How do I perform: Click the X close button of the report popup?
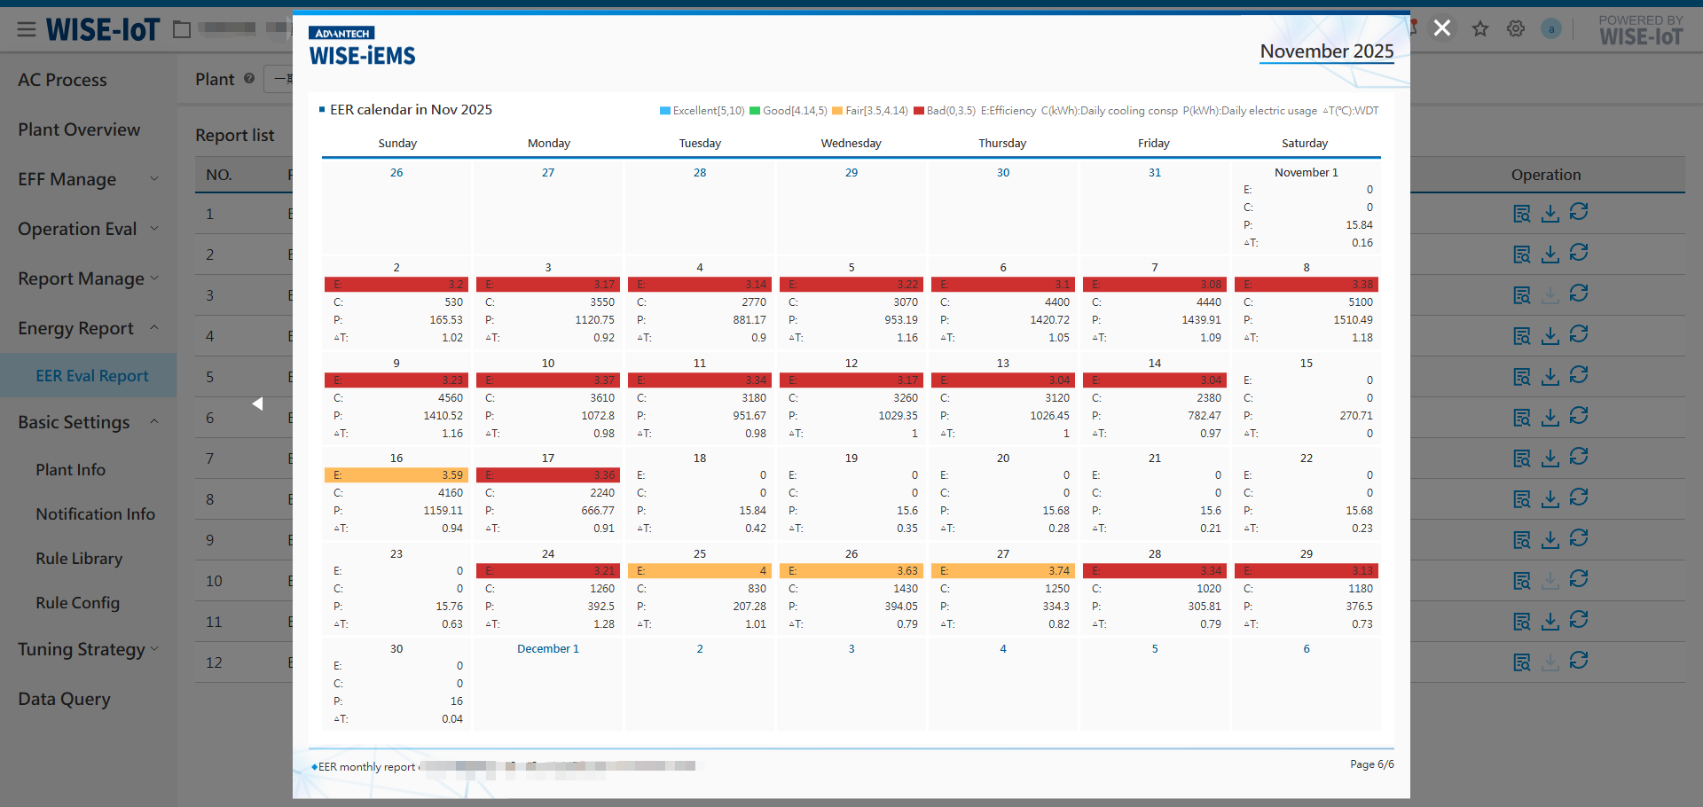point(1442,28)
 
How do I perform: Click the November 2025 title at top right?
point(1326,51)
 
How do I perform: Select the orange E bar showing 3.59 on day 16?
point(396,475)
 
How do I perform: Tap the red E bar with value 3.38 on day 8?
point(1306,285)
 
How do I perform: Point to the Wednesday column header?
point(851,144)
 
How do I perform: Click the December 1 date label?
point(547,649)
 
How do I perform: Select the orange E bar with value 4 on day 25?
point(700,571)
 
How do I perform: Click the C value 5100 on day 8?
point(1360,302)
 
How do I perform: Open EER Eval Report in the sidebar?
point(92,376)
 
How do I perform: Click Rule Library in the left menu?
point(79,559)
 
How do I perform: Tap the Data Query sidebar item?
point(64,699)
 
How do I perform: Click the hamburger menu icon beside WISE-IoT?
point(27,30)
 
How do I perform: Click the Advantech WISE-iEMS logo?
point(362,47)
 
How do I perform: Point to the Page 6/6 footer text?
point(1371,764)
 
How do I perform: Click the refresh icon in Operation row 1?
point(1579,212)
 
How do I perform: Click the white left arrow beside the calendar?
point(257,403)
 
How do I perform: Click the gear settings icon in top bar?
point(1516,29)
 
